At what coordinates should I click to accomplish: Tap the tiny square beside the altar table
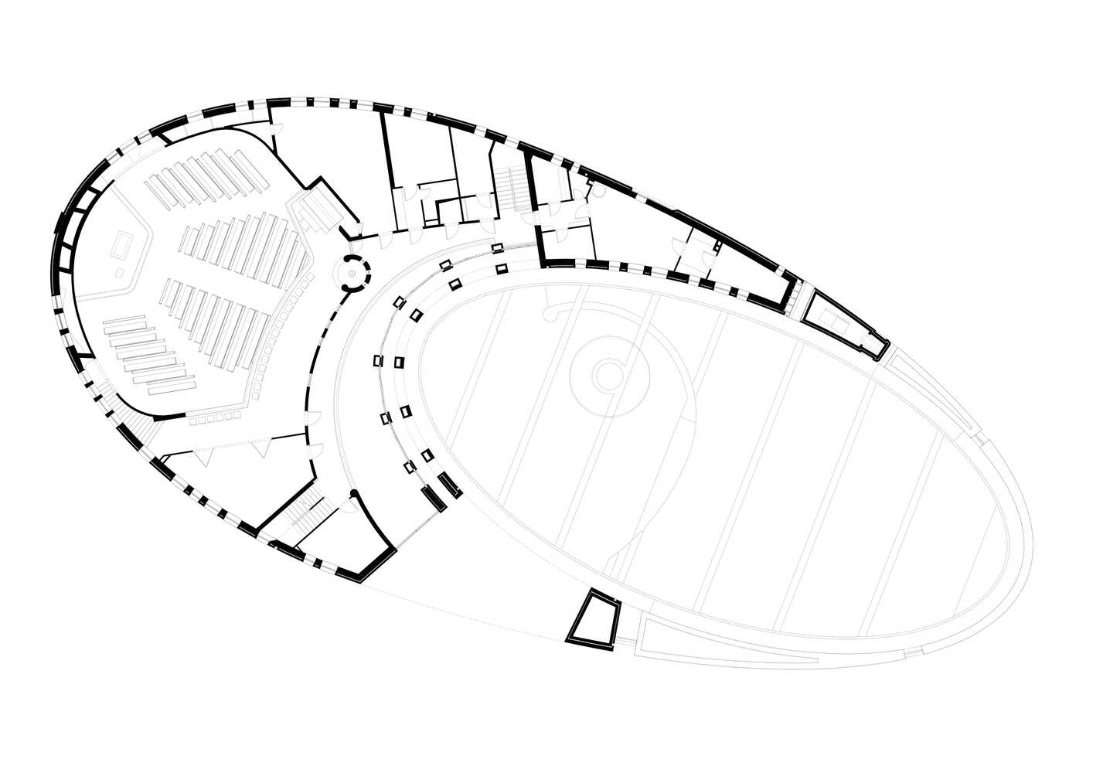(x=119, y=274)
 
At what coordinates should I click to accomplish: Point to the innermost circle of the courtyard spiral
(x=608, y=376)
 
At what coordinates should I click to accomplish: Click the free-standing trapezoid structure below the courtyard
(x=594, y=619)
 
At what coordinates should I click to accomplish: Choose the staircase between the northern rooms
(x=510, y=190)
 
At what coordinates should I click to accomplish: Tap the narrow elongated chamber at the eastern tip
(x=843, y=322)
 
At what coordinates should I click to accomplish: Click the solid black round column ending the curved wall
(x=353, y=493)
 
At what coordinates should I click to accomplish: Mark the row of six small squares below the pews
(x=216, y=418)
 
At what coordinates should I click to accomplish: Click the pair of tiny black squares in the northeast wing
(x=717, y=247)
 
